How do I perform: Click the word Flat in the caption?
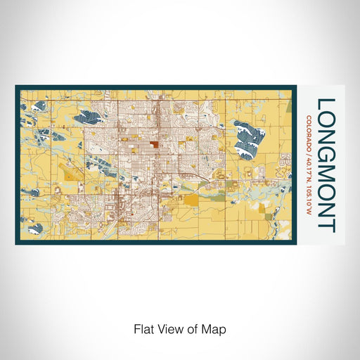[x=145, y=328]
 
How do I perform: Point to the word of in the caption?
[x=194, y=328]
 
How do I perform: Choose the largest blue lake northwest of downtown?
[x=94, y=118]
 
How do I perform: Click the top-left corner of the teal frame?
[x=17, y=87]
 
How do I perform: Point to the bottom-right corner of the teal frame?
[x=295, y=243]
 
